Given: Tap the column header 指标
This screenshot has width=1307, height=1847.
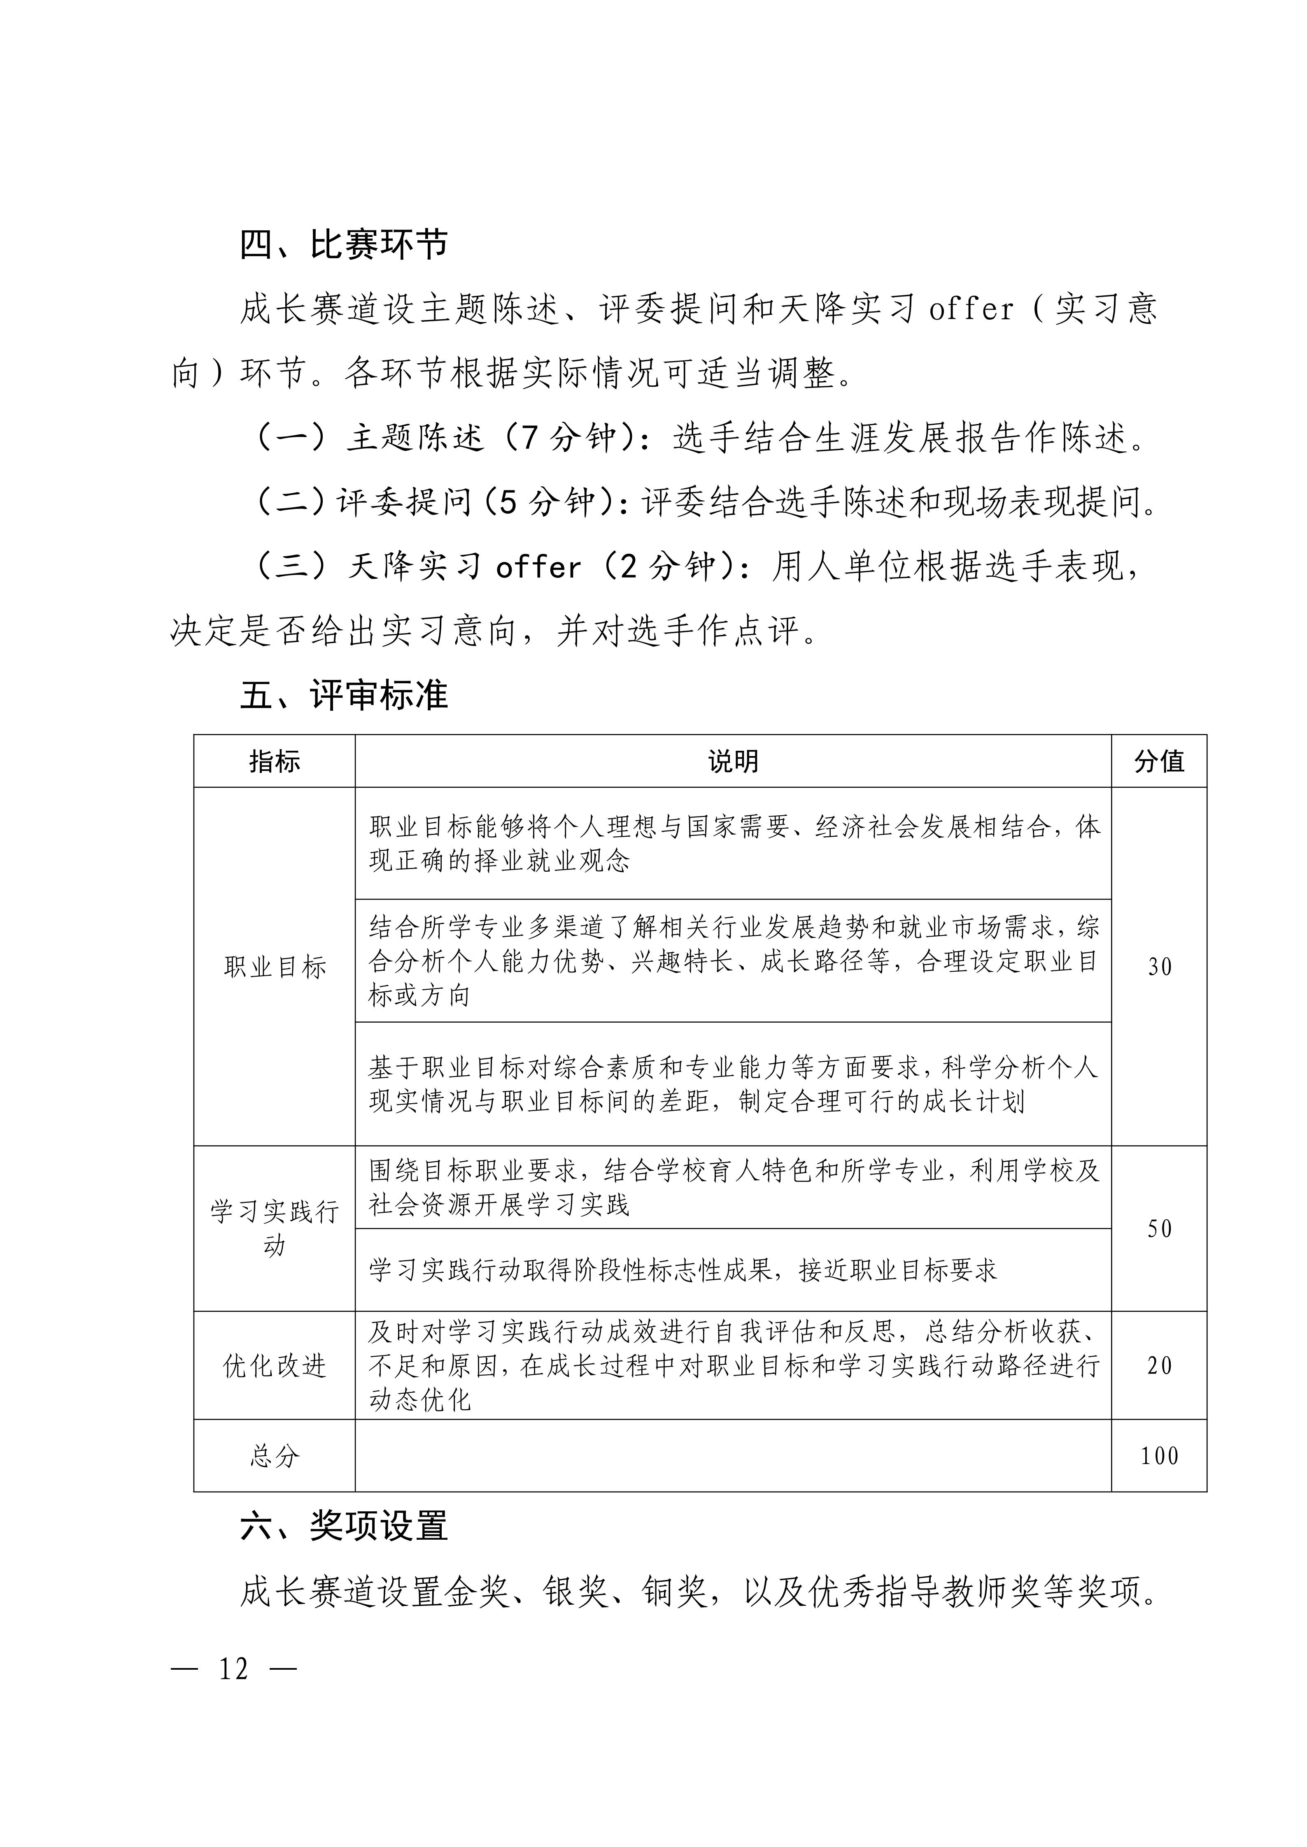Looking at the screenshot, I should click(275, 761).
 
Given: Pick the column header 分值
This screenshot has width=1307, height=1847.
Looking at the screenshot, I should click(1159, 761).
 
